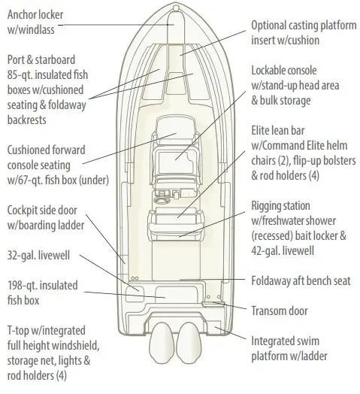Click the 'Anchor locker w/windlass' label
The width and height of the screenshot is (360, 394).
pyautogui.click(x=35, y=22)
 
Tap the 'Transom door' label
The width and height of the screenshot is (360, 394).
pyautogui.click(x=280, y=311)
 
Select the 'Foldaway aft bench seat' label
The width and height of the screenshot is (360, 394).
pyautogui.click(x=301, y=280)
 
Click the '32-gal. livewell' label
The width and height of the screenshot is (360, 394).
pyautogui.click(x=38, y=256)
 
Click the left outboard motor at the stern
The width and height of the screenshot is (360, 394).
pyautogui.click(x=162, y=343)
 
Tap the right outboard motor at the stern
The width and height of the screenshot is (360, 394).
pyautogui.click(x=189, y=343)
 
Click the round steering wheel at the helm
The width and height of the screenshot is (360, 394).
pyautogui.click(x=161, y=201)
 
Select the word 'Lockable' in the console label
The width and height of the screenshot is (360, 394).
pyautogui.click(x=269, y=71)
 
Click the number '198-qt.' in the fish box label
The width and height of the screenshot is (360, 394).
pyautogui.click(x=23, y=286)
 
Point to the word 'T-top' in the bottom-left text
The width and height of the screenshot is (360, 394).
pyautogui.click(x=18, y=331)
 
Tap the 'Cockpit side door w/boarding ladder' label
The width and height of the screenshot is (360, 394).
pyautogui.click(x=46, y=217)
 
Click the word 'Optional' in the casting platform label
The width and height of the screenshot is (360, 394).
pyautogui.click(x=268, y=26)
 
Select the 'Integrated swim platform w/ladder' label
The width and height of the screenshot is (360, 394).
pyautogui.click(x=289, y=349)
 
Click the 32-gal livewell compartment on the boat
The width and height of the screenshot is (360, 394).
pyautogui.click(x=135, y=294)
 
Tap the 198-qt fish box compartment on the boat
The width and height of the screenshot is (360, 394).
pyautogui.click(x=176, y=295)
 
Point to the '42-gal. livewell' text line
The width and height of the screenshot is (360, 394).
pyautogui.click(x=283, y=250)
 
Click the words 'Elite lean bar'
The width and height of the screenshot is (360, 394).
pyautogui.click(x=278, y=130)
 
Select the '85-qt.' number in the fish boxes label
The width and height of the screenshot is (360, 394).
pyautogui.click(x=20, y=75)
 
